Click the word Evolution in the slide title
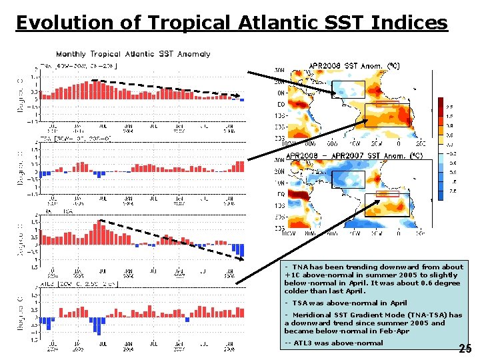(x=57, y=23)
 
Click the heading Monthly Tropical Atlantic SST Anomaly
(x=133, y=54)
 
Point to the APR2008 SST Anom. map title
(x=354, y=66)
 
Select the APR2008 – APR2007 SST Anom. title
(x=354, y=155)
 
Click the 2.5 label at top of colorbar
(x=450, y=106)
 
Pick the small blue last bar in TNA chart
(x=242, y=100)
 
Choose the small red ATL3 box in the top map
(x=387, y=104)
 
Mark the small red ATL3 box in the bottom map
(x=387, y=194)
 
